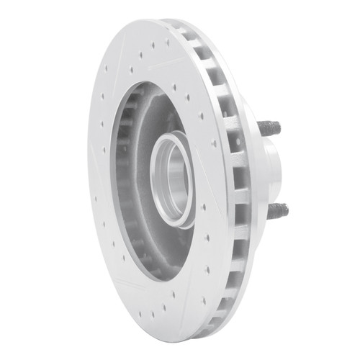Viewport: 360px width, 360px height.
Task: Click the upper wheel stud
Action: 269,129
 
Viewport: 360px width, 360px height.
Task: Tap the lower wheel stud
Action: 277,210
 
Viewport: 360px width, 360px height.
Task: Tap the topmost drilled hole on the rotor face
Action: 153,45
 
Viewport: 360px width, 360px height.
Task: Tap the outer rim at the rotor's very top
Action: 155,22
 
